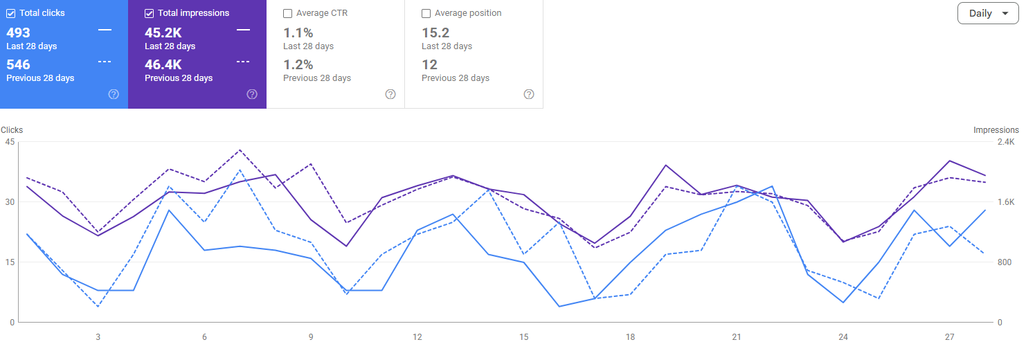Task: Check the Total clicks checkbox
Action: pos(10,14)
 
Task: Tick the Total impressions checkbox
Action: pos(149,14)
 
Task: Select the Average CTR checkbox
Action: pos(287,14)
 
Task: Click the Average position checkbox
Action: pos(426,14)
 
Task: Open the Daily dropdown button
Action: pos(988,13)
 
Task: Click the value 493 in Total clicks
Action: pos(18,33)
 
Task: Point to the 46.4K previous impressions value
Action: pos(163,64)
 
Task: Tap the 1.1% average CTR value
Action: pos(298,33)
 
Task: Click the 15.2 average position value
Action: pos(435,33)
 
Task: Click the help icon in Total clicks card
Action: pos(114,94)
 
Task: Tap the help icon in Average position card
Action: pos(529,94)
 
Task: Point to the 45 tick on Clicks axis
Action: pos(10,142)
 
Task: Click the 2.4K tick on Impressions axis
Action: pos(1006,142)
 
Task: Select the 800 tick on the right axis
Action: pos(1005,262)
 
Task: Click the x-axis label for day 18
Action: pos(630,337)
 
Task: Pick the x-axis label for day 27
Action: pos(950,337)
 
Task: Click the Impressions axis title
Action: pos(996,130)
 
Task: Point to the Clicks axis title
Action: pos(12,130)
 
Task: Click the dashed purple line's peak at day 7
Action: pos(240,150)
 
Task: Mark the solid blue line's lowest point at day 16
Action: pos(559,307)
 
